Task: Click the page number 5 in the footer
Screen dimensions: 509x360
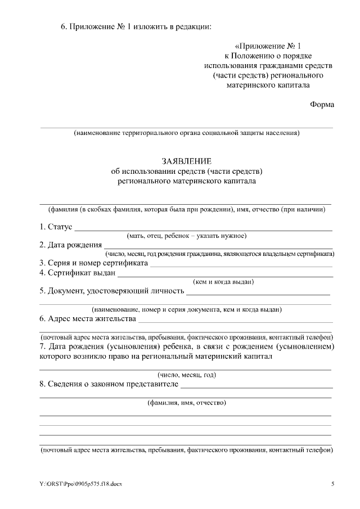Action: [332, 484]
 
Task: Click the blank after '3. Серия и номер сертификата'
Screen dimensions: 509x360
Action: [242, 265]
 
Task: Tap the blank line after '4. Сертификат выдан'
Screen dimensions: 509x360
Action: [225, 276]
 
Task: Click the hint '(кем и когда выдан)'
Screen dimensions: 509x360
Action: [223, 282]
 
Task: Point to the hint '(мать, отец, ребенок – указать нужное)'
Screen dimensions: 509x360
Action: [187, 236]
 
